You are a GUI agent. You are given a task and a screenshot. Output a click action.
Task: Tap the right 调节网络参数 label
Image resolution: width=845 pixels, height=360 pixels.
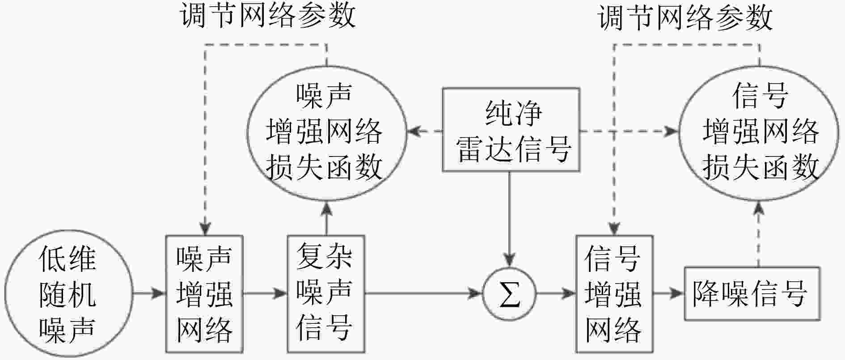coord(685,17)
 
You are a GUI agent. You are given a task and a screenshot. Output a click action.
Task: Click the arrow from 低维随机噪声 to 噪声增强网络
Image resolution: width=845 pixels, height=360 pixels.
coord(149,294)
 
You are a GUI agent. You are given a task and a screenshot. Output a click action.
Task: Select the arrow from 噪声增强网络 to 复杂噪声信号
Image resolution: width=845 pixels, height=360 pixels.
coord(265,294)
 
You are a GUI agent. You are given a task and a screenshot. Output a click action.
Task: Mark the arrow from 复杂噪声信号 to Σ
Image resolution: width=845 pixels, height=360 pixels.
coord(423,294)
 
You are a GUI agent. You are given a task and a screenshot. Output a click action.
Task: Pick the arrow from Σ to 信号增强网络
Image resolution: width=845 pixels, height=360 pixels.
coord(556,294)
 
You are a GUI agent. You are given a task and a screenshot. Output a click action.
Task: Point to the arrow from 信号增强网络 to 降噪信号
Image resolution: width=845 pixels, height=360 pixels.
coord(669,294)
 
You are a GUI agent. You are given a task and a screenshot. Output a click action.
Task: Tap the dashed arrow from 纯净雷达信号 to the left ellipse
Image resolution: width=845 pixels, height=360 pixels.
coord(425,131)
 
